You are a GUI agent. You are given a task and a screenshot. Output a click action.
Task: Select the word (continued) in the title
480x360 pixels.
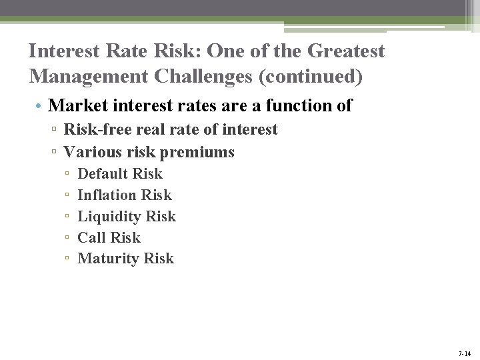coord(311,77)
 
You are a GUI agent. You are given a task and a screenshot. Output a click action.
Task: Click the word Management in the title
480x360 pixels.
coord(89,77)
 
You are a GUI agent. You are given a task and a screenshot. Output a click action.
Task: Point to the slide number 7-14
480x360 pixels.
coord(465,353)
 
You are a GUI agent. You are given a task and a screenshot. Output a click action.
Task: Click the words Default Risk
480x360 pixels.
coord(120,174)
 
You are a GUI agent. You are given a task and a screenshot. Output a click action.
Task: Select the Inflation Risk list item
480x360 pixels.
coord(125,195)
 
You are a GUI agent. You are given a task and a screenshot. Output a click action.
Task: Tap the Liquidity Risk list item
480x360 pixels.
coord(127,217)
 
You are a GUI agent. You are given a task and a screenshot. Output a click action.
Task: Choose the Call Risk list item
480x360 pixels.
coord(109,238)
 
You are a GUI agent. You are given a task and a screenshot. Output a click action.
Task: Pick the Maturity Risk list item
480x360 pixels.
coord(125,259)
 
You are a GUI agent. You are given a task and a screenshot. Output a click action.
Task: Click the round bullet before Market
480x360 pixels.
coord(40,106)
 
